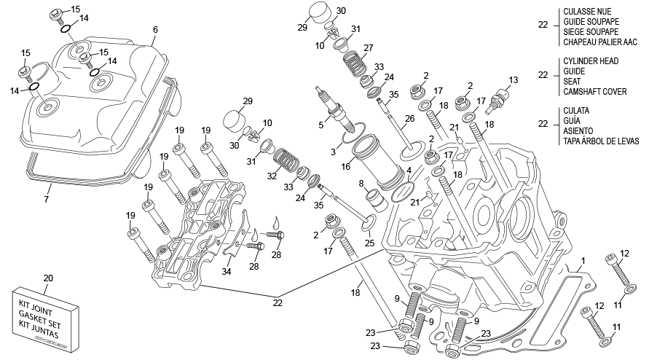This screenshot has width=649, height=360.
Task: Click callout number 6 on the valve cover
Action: (x=155, y=30)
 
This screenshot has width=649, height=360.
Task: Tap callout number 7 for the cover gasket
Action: (x=47, y=198)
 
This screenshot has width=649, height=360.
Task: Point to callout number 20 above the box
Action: (x=48, y=278)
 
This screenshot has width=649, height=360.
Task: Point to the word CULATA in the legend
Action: (x=577, y=111)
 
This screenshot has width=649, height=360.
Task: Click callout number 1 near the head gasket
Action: (x=583, y=260)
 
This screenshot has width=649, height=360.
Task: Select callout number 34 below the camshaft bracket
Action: (x=227, y=272)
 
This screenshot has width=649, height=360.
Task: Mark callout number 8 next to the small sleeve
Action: (x=361, y=184)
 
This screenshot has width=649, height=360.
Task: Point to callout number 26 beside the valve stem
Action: (x=409, y=118)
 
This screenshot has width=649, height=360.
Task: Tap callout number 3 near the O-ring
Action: (x=334, y=151)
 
